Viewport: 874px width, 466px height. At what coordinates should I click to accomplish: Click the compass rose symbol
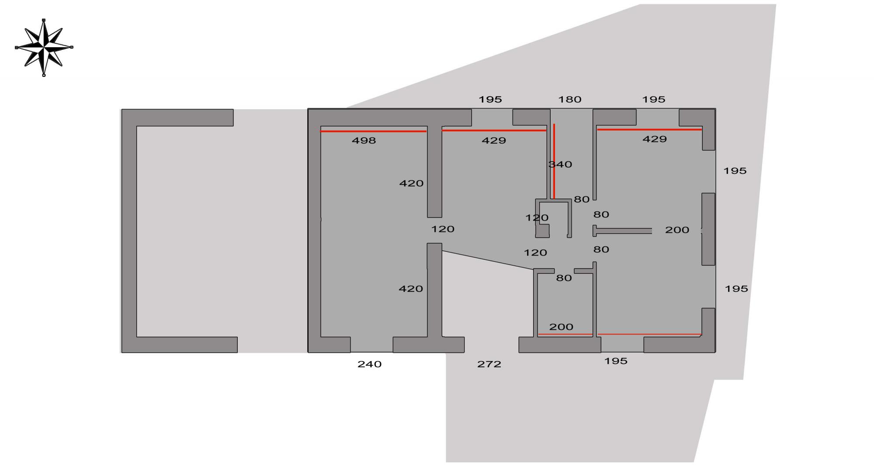coord(44,47)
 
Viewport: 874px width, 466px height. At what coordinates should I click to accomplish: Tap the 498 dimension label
coord(364,141)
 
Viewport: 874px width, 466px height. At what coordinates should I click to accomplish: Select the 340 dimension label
coord(561,165)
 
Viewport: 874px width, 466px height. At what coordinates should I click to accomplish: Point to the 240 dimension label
coord(369,364)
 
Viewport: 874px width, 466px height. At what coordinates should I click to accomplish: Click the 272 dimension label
coord(489,364)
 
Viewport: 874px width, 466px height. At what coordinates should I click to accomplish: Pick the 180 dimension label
coord(569,100)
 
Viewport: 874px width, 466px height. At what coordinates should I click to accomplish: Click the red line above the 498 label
coord(373,131)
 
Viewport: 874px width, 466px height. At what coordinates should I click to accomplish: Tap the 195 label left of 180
coord(490,100)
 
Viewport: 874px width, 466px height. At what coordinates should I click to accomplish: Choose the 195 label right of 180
coord(653,100)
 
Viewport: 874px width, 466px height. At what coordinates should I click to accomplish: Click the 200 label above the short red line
coord(561,327)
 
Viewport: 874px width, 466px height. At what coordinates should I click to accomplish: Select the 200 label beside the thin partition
coord(677,230)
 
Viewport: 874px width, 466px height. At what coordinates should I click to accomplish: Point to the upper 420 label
coord(411,183)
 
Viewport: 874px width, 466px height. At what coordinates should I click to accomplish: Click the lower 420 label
coord(411,289)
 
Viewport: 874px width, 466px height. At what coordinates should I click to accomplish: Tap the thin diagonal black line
coord(487,260)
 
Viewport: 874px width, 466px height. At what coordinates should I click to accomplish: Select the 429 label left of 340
coord(494,141)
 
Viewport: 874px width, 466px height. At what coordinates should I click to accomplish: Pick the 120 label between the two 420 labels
coord(443,229)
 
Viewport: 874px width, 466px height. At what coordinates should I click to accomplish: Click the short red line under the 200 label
coord(565,335)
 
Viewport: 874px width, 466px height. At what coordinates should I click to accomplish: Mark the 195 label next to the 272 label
coord(616,361)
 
